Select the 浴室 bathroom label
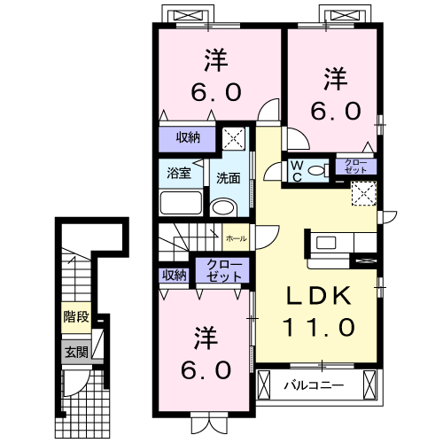(x=179, y=173)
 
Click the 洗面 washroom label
(x=229, y=177)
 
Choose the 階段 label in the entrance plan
(x=74, y=316)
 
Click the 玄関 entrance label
(x=74, y=352)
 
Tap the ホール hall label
(x=236, y=239)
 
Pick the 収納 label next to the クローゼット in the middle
(x=174, y=275)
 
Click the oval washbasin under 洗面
(x=225, y=207)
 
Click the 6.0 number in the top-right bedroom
(x=335, y=111)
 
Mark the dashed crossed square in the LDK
(x=364, y=193)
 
